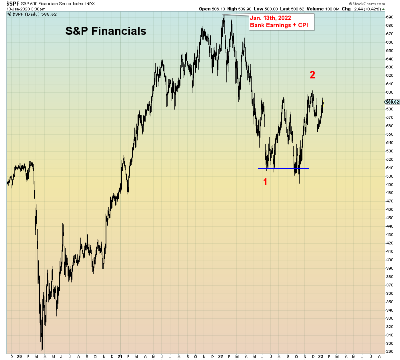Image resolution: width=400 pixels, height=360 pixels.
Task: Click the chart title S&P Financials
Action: click(106, 31)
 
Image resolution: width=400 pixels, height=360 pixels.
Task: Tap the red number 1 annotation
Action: click(265, 182)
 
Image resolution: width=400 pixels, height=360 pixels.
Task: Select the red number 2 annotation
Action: click(312, 74)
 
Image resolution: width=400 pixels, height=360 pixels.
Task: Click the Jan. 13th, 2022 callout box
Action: click(282, 22)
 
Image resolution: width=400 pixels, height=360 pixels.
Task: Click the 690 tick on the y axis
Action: click(390, 17)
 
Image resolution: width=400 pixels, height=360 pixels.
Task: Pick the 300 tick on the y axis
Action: click(390, 343)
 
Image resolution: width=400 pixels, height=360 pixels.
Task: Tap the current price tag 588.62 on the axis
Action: click(392, 102)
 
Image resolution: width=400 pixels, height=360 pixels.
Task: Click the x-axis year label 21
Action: click(120, 356)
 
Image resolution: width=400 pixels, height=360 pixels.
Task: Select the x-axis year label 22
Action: click(221, 356)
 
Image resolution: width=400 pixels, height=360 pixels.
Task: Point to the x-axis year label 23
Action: click(322, 356)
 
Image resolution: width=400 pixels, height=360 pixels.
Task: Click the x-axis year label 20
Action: click(20, 356)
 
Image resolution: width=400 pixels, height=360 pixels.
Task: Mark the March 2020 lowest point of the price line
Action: click(42, 350)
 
